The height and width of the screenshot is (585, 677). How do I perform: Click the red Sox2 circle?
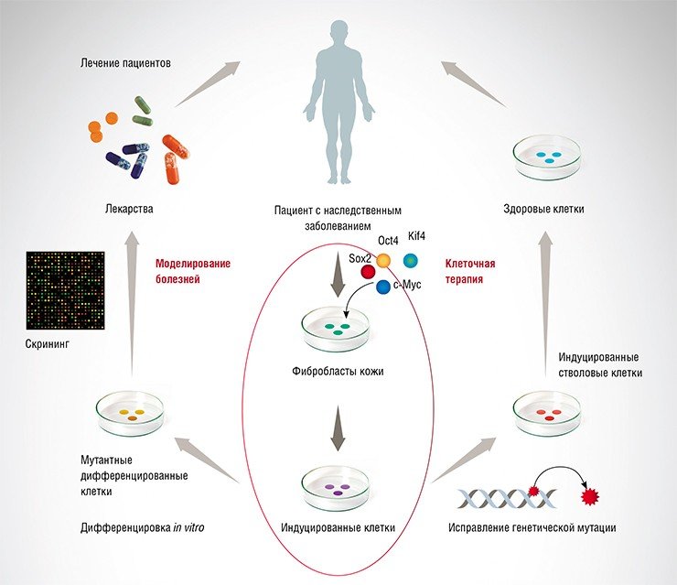pyautogui.click(x=368, y=271)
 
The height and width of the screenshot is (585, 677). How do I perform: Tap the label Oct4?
pyautogui.click(x=388, y=240)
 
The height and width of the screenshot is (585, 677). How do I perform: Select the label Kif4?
pyautogui.click(x=416, y=236)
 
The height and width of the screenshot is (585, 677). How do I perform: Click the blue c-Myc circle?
pyautogui.click(x=383, y=287)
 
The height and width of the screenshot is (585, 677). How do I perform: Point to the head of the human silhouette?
pyautogui.click(x=338, y=31)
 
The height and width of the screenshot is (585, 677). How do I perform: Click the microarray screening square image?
pyautogui.click(x=66, y=290)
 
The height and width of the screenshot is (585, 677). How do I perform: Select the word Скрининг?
pyautogui.click(x=47, y=344)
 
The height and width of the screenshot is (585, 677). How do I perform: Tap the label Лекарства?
pyautogui.click(x=129, y=209)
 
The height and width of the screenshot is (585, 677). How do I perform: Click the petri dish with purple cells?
pyautogui.click(x=337, y=489)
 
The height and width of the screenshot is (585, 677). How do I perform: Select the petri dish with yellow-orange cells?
pyautogui.click(x=130, y=413)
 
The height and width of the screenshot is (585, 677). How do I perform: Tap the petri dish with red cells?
pyautogui.click(x=547, y=414)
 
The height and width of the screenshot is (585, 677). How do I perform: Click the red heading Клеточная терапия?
pyautogui.click(x=470, y=271)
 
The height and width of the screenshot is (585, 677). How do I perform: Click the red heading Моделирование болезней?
pyautogui.click(x=193, y=271)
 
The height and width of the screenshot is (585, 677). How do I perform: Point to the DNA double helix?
pyautogui.click(x=507, y=498)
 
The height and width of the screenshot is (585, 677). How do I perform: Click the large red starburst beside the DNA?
pyautogui.click(x=590, y=497)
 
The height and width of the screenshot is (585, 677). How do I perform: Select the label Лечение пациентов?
pyautogui.click(x=125, y=63)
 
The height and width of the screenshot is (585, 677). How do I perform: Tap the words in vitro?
pyautogui.click(x=188, y=527)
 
